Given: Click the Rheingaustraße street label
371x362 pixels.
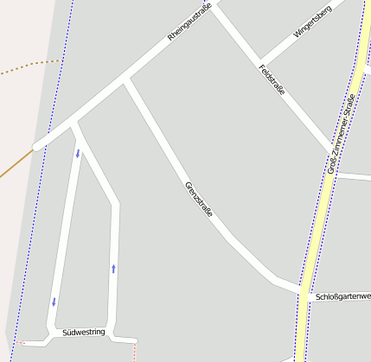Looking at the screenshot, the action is pos(190,27).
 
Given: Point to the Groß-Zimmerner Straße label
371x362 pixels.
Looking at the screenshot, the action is pos(342,134).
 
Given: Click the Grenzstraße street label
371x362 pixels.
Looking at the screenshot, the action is pos(199,206).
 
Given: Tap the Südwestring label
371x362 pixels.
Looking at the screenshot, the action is pos(84,332).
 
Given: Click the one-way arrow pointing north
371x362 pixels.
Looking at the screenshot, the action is pos(113,269).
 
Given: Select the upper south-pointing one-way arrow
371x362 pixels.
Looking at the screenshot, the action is pos(77,154).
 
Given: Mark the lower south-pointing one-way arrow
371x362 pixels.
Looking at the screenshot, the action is pos(54,302).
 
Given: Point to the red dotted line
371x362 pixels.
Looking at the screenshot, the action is pos(135,351).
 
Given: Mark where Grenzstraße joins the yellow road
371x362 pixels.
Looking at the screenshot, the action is pos(302,289).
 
